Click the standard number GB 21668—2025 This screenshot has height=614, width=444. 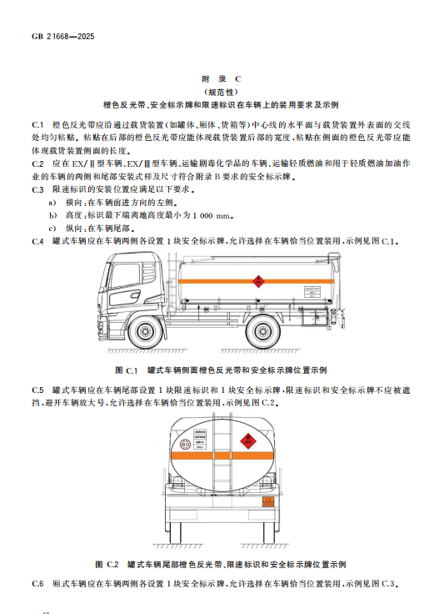pos(63,37)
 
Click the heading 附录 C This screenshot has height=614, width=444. pos(222,79)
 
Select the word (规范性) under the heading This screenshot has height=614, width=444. pos(222,92)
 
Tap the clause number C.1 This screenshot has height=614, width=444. pos(37,125)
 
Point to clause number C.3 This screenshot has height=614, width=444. pos(37,189)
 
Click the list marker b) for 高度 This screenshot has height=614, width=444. pos(52,215)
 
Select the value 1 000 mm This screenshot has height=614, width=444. pos(213,215)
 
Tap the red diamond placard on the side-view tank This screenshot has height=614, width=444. pos(257,281)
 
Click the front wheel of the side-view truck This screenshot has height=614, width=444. pos(145,332)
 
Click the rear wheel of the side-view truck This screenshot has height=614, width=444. pos(262,332)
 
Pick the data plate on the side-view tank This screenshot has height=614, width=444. pos(312,293)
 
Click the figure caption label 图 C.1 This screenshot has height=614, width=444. pos(127,370)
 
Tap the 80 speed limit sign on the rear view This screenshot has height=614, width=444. pos(185,445)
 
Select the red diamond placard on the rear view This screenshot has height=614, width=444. pos(247,441)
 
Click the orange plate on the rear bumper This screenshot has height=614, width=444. pos(268,501)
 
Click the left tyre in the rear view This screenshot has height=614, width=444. pos(176,531)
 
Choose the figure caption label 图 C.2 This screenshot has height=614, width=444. pos(107,565)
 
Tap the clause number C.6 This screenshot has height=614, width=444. pos(37,584)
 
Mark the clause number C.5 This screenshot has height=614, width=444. pos(37,390)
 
